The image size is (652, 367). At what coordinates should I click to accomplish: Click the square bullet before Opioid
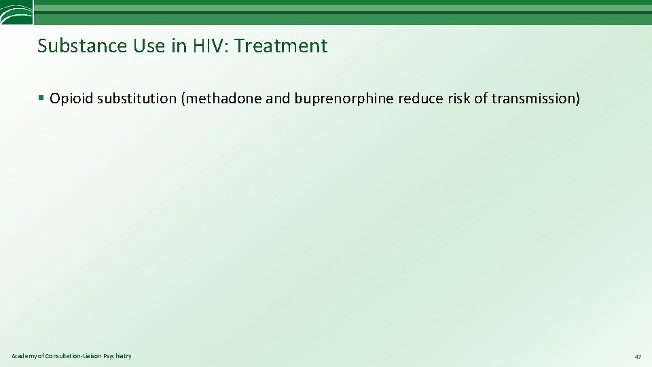[41, 99]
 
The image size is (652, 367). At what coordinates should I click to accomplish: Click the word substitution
[137, 99]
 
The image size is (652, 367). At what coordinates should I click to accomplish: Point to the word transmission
[535, 99]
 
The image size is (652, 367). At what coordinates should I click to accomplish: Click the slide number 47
[638, 357]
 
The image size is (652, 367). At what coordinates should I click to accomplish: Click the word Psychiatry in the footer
[117, 356]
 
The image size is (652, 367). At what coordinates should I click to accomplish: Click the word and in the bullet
[278, 99]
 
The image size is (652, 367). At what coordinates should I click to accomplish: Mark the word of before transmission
[482, 99]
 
